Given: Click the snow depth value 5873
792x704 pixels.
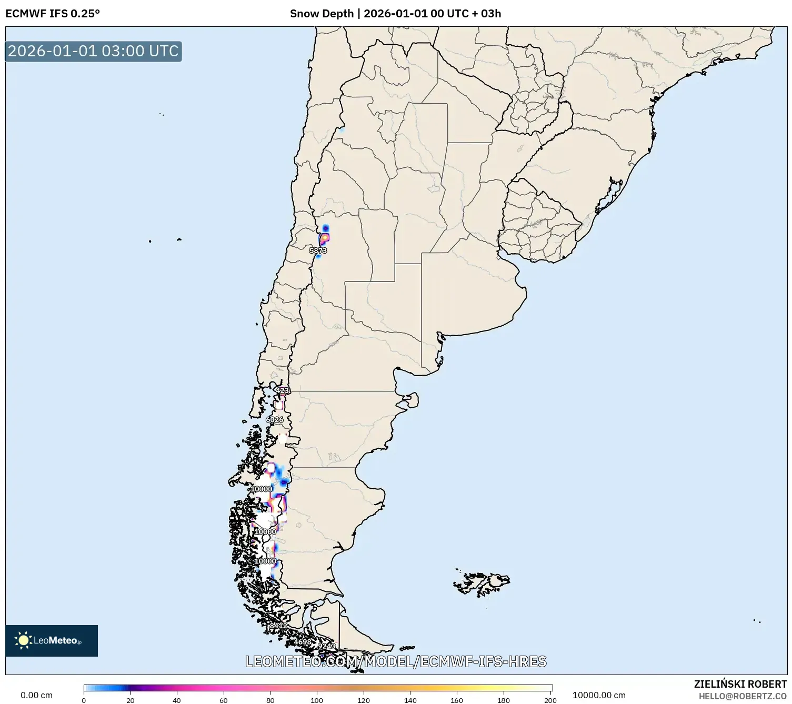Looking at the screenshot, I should [x=318, y=250].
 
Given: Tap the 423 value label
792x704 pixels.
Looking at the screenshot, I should [x=283, y=390].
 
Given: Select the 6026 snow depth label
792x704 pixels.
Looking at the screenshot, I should [x=274, y=419].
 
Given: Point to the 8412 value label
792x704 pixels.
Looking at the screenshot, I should [x=278, y=626].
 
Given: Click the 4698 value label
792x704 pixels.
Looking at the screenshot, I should [x=302, y=642].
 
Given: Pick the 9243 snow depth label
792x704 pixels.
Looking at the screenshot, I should [x=326, y=646].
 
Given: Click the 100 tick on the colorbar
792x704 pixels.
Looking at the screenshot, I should [x=317, y=700].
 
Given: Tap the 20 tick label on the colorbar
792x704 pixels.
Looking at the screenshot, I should [x=130, y=700].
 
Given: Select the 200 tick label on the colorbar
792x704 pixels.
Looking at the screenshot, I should [x=550, y=700].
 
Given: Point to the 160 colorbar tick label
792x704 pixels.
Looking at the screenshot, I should [x=457, y=700].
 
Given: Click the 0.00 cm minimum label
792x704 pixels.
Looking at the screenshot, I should [x=36, y=695].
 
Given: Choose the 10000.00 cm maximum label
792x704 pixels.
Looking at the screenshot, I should [x=599, y=695].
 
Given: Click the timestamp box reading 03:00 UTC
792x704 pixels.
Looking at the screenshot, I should [x=93, y=51].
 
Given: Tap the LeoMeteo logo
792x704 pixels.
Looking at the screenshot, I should [x=52, y=640].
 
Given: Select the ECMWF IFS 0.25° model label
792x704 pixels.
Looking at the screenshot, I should [x=53, y=14].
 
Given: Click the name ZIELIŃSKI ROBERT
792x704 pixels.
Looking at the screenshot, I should [x=740, y=684].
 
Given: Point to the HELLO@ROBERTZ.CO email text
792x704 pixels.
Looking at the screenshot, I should [x=743, y=696].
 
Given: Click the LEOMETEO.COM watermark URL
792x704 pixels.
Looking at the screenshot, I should [x=396, y=661].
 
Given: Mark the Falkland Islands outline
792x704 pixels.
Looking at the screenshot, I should [x=482, y=582].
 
